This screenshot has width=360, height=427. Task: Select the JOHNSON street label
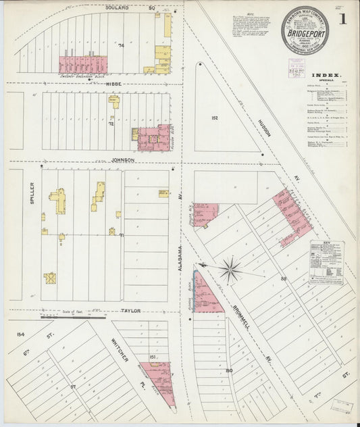tap(123, 160)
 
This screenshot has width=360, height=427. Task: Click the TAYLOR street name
tap(130, 311)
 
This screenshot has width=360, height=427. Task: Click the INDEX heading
tap(327, 76)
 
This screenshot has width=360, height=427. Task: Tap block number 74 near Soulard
tap(122, 45)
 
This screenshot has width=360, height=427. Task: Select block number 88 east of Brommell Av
tap(284, 278)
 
